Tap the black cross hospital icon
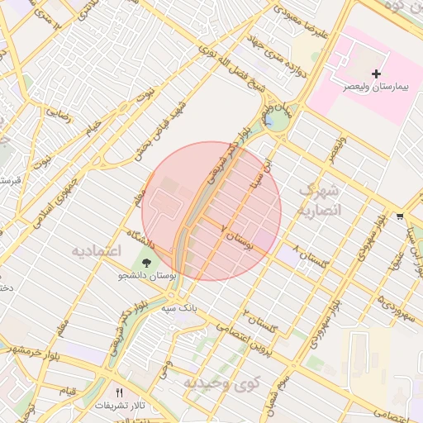[377, 74]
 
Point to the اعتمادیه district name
[96, 250]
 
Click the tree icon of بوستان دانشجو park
[146, 264]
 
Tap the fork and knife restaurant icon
[119, 393]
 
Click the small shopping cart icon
[400, 216]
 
